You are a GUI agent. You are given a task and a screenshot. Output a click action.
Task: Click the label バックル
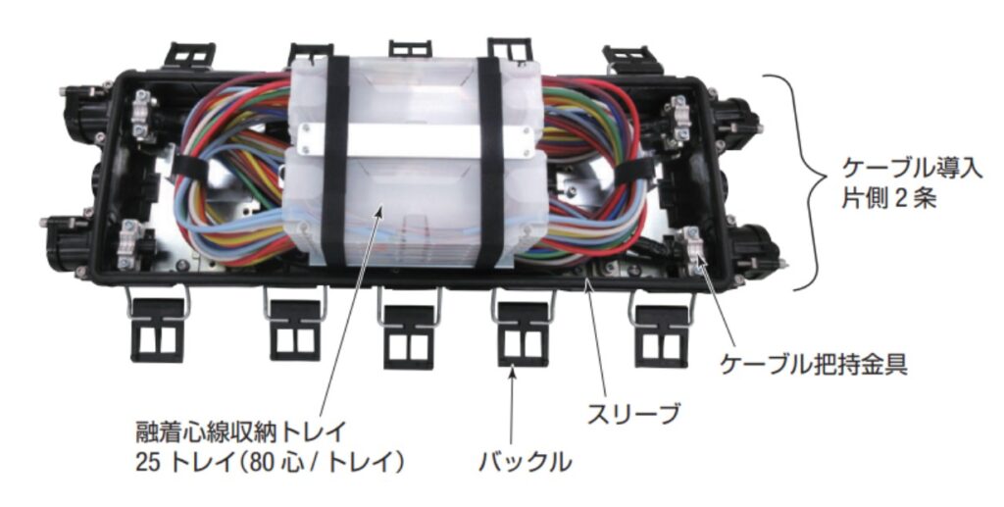526,462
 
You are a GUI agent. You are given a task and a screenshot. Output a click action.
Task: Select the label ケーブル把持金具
814,365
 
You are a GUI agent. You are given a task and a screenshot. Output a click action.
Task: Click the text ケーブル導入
912,169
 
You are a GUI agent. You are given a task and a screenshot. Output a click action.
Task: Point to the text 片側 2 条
888,198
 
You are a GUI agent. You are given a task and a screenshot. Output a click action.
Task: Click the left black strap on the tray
335,160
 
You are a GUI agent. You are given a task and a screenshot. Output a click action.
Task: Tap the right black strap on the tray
490,160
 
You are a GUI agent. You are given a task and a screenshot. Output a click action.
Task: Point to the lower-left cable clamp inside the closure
130,244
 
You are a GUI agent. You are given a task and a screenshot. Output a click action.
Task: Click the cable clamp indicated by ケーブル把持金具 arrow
689,251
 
